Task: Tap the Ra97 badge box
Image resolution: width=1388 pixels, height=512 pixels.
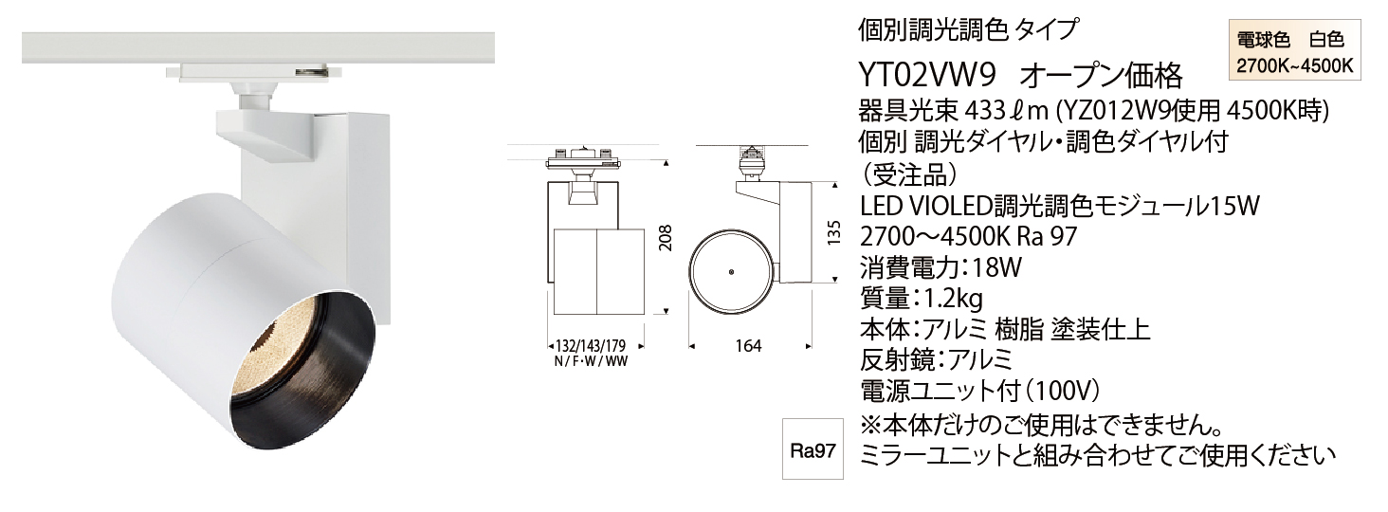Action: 813,449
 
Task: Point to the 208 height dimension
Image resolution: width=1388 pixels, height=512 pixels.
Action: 665,237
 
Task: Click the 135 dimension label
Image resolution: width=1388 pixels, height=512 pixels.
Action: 834,233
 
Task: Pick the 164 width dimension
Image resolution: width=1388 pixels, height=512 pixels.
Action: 749,346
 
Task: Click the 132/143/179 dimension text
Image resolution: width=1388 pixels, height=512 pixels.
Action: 591,346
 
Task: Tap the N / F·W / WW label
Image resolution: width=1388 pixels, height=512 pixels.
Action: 591,361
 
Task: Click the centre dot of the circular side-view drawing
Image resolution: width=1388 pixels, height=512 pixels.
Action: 732,271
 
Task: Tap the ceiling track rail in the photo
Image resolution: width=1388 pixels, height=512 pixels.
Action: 258,47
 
